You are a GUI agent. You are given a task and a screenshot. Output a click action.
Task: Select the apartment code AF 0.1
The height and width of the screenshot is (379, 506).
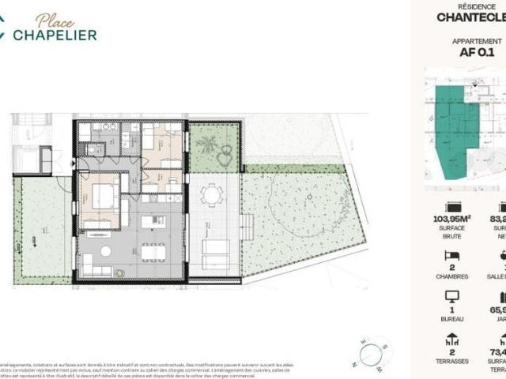tap(477, 53)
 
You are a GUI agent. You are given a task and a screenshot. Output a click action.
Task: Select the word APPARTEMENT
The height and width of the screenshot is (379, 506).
tap(477, 40)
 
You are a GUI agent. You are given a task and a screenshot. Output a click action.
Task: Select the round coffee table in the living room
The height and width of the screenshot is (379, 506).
tap(106, 251)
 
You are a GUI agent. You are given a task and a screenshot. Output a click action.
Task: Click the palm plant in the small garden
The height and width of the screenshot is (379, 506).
tap(208, 144)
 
